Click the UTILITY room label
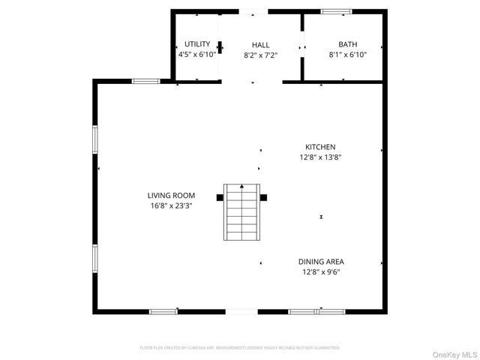[x=197, y=44]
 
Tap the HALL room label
[x=260, y=45]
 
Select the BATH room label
[x=347, y=44]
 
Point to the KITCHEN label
[x=319, y=147]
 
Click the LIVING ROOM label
[x=171, y=195]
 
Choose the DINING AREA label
[x=321, y=262]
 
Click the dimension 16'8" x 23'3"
[x=171, y=205]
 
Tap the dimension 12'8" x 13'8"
[x=319, y=157]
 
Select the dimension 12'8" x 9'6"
[x=321, y=272]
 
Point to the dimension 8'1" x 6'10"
[x=347, y=55]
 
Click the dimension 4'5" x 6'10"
[x=197, y=55]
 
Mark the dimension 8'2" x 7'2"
[x=260, y=55]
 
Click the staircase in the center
[x=242, y=212]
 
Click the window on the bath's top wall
[x=336, y=11]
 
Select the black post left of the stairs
[x=219, y=197]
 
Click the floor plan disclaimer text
[x=240, y=347]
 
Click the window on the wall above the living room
[x=145, y=81]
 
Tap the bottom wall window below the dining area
[x=305, y=310]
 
